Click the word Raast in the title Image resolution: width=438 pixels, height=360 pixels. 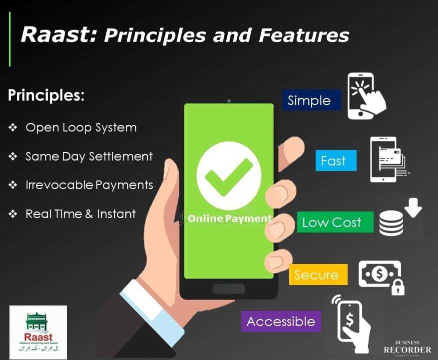[x=57, y=35]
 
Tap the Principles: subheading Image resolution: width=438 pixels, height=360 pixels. [x=46, y=95]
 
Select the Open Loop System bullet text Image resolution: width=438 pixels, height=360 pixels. [x=81, y=127]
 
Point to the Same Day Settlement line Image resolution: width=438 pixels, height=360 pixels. [x=89, y=156]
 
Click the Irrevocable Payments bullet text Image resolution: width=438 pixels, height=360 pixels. [x=89, y=185]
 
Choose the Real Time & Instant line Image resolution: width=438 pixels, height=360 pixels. [x=80, y=214]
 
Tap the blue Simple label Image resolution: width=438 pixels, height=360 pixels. [x=310, y=100]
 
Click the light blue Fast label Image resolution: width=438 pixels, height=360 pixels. [x=333, y=161]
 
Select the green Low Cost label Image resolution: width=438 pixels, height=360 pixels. [x=332, y=222]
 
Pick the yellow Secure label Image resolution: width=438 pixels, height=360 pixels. [x=316, y=274]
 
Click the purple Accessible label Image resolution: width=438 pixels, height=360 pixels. [x=281, y=321]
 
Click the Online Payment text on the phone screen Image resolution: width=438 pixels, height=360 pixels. [x=230, y=218]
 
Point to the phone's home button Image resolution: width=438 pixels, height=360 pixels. [x=229, y=289]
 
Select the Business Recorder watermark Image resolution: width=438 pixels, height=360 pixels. [x=407, y=348]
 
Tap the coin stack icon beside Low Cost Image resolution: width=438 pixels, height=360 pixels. [x=391, y=223]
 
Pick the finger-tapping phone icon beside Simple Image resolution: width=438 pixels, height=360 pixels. [x=367, y=96]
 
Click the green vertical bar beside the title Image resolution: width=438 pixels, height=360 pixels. [x=10, y=40]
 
